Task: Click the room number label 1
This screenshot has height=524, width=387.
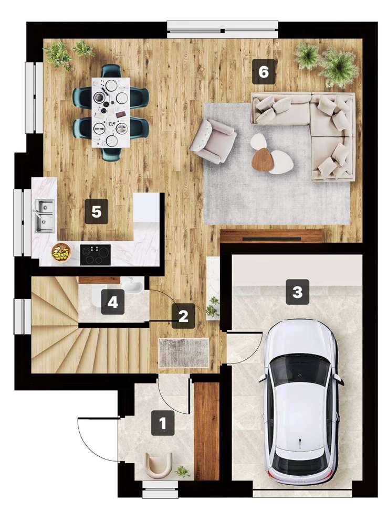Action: (163, 423)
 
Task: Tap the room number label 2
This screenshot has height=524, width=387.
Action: (183, 316)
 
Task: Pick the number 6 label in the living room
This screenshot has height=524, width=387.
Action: (263, 72)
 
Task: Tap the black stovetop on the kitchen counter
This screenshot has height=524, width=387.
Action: (96, 255)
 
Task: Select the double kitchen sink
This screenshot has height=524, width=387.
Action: (45, 215)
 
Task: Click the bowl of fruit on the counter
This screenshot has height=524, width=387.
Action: (61, 252)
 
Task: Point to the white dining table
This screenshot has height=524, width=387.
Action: (110, 112)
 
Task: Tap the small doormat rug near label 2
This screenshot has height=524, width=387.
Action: (184, 352)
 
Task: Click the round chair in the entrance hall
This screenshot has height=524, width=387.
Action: (159, 465)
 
